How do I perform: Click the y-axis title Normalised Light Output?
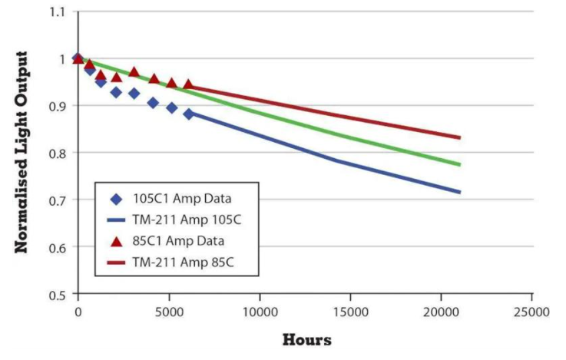point(22,153)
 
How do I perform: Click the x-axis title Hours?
point(306,339)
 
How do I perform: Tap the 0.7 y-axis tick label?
point(58,200)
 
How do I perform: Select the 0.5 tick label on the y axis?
point(58,294)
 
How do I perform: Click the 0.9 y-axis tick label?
point(58,106)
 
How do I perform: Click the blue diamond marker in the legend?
point(115,200)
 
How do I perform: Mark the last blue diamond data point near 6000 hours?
point(189,114)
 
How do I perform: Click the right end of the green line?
point(460,164)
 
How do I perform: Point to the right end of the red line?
point(460,137)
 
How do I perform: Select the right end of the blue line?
point(460,192)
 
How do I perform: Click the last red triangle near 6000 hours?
point(188,84)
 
